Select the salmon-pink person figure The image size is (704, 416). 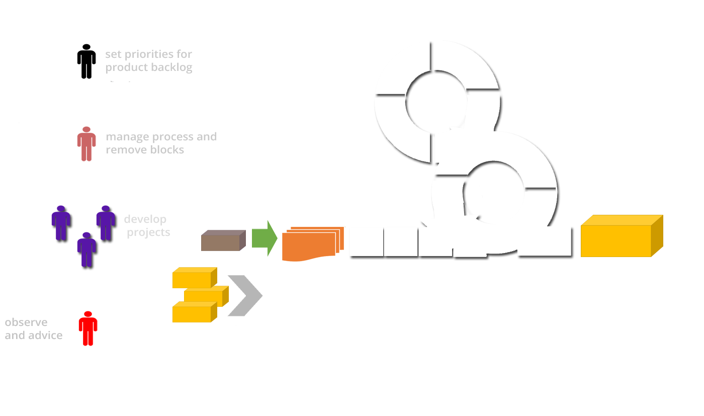coord(86,144)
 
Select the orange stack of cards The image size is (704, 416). coord(312,244)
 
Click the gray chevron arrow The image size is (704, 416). coord(245,296)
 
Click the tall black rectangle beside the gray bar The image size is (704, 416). coord(86,61)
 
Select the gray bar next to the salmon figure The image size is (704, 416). coord(161,143)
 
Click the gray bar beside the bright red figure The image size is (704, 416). coord(34,328)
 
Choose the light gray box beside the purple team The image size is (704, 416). coord(147,226)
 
